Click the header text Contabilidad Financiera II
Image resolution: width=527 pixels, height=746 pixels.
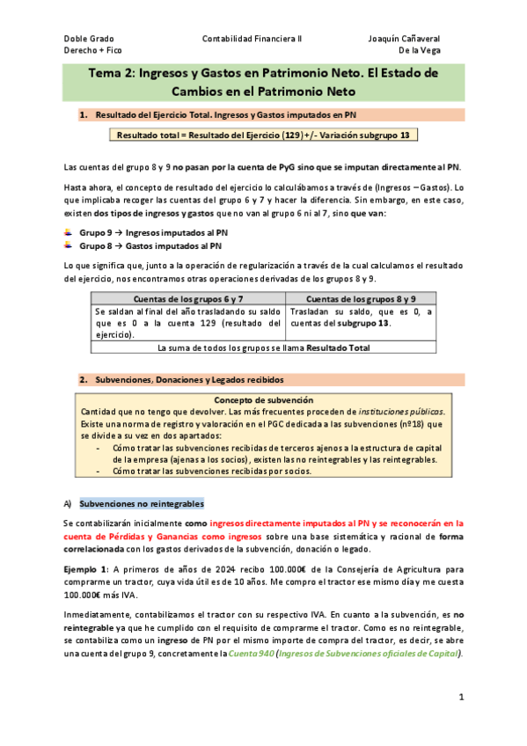click(x=252, y=39)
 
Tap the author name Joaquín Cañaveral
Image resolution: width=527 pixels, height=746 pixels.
click(x=404, y=39)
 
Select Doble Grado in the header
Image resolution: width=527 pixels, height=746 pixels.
click(x=89, y=39)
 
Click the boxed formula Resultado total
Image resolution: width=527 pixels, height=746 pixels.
click(x=262, y=135)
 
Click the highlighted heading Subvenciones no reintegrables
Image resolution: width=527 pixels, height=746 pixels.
click(x=142, y=503)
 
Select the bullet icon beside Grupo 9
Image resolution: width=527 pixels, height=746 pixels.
click(x=70, y=232)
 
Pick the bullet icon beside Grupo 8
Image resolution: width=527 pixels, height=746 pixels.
click(x=70, y=245)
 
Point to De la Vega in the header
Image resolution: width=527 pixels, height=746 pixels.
click(x=418, y=51)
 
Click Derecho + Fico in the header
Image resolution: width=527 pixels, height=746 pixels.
click(x=93, y=51)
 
